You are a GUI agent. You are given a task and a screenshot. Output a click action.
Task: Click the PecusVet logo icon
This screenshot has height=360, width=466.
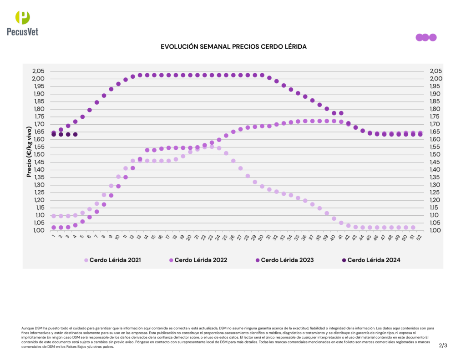[22, 17]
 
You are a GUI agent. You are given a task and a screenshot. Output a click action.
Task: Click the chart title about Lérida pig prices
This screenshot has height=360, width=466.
[233, 47]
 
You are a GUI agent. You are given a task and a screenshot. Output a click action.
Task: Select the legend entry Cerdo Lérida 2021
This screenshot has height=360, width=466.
[112, 260]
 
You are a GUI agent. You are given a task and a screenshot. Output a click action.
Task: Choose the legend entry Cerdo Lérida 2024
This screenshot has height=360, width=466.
[371, 260]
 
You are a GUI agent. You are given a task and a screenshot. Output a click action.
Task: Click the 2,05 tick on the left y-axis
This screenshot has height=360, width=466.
[38, 71]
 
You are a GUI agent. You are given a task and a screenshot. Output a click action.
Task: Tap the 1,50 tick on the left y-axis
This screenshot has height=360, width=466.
[38, 155]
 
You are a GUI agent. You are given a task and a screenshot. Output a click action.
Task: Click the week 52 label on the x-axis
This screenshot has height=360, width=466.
[419, 237]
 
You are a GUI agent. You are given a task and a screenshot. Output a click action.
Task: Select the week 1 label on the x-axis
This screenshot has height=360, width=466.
[53, 236]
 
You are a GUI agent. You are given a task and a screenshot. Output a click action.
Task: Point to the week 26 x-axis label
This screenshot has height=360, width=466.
[233, 237]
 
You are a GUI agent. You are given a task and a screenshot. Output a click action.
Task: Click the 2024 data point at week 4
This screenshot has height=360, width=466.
[75, 134]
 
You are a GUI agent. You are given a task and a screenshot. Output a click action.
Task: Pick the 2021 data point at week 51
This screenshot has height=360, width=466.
[413, 228]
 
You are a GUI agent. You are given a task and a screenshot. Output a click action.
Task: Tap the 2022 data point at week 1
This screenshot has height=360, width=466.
[54, 228]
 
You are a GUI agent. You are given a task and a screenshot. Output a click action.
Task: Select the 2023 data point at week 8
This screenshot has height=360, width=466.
[104, 96]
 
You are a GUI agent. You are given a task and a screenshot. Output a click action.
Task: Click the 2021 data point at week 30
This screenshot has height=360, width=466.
[262, 187]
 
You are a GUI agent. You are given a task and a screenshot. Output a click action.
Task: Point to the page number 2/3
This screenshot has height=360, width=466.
[443, 345]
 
